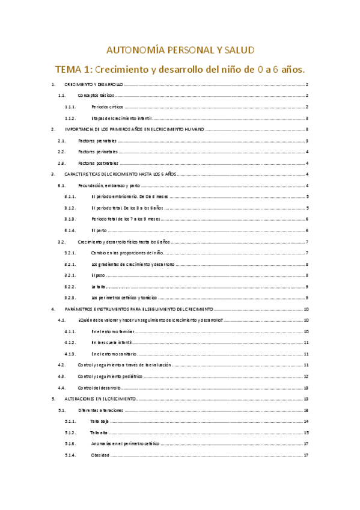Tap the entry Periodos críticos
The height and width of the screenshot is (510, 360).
pyautogui.click(x=108, y=106)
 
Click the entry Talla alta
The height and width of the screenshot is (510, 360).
pyautogui.click(x=99, y=432)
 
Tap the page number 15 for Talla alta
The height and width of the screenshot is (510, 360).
pyautogui.click(x=306, y=432)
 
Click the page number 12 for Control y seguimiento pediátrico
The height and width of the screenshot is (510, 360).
pyautogui.click(x=306, y=376)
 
